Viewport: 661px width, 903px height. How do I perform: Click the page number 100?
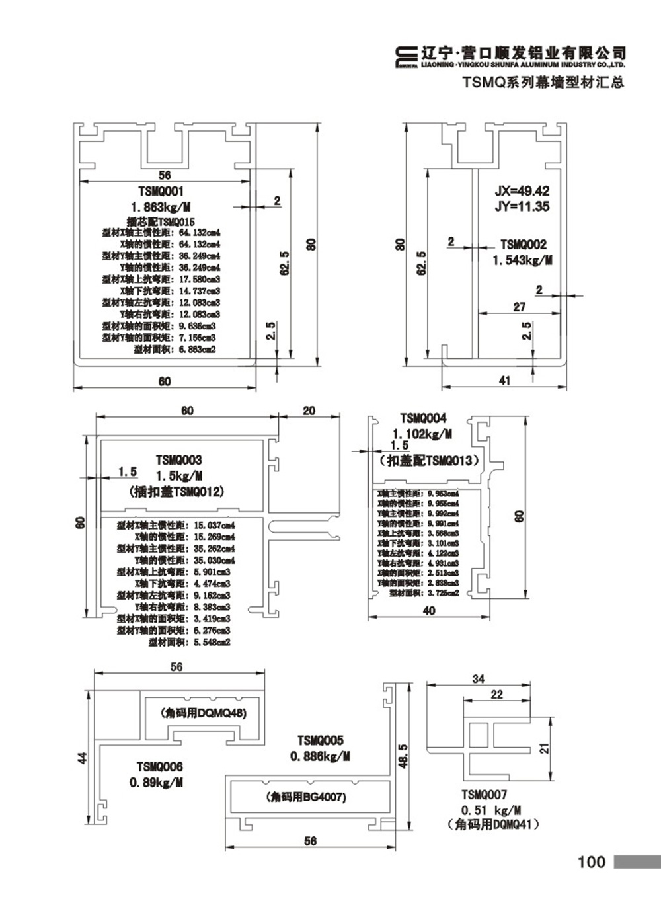pyautogui.click(x=591, y=862)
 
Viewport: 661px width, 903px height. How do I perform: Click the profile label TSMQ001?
pyautogui.click(x=161, y=191)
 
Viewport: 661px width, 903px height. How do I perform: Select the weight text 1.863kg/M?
pyautogui.click(x=161, y=207)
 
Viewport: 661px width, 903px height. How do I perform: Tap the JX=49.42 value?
pyautogui.click(x=522, y=191)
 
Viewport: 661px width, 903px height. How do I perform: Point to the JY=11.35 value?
pyautogui.click(x=522, y=206)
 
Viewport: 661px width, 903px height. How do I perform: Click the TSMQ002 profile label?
pyautogui.click(x=523, y=245)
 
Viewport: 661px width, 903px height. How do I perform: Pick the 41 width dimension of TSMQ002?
pyautogui.click(x=504, y=381)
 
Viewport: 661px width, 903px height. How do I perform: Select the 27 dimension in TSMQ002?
pyautogui.click(x=520, y=307)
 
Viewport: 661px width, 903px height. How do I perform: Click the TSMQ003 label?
pyautogui.click(x=178, y=460)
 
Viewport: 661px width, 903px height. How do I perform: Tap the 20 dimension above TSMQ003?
pyautogui.click(x=309, y=411)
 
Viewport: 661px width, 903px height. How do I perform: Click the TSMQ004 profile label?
pyautogui.click(x=423, y=418)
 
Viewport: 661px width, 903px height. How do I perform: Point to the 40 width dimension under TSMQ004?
pyautogui.click(x=429, y=611)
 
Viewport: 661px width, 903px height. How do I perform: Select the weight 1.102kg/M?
pyautogui.click(x=422, y=434)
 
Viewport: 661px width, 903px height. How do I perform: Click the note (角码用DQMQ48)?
pyautogui.click(x=203, y=713)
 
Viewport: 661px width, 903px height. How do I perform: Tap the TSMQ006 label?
pyautogui.click(x=159, y=767)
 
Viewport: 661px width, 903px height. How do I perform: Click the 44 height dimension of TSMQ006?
pyautogui.click(x=83, y=758)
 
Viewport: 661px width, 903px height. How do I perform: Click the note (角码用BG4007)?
pyautogui.click(x=306, y=797)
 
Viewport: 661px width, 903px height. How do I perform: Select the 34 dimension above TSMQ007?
pyautogui.click(x=478, y=679)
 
